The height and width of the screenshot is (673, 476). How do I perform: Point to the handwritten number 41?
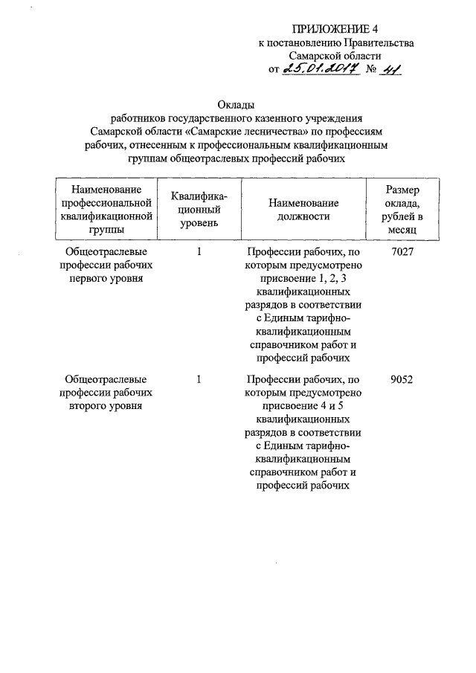coord(389,69)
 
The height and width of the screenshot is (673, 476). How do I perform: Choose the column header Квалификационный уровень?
coord(199,210)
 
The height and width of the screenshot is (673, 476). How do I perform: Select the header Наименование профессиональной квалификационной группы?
coord(106,210)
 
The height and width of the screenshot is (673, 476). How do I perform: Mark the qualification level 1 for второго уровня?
coord(199,379)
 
